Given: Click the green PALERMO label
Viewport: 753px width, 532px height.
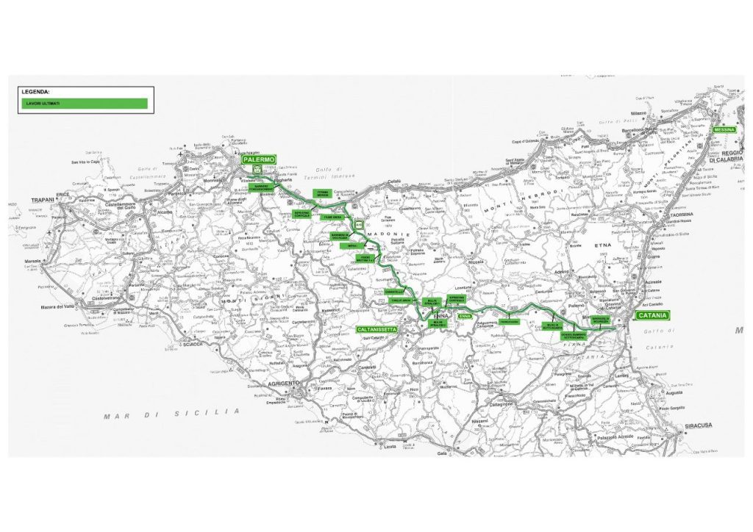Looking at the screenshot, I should pos(258,159).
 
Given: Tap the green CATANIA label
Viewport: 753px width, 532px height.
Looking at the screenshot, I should pos(652,315).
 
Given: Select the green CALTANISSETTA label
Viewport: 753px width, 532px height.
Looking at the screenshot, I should pos(377,330).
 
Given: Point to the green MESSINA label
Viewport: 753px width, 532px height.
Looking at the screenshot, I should pos(726,129).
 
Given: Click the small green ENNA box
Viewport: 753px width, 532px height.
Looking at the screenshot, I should pos(464,316).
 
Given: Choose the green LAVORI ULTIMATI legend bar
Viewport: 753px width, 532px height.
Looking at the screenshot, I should pos(84,104).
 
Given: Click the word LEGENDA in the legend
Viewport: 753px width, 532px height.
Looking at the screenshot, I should pos(36,93).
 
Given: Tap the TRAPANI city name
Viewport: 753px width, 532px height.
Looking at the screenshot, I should pos(39,200).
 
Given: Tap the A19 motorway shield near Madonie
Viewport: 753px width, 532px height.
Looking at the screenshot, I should pos(359,224).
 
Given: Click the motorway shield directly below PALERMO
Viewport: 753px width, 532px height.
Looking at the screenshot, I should pos(257,170).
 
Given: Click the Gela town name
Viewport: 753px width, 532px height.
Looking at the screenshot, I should pos(443,453).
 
